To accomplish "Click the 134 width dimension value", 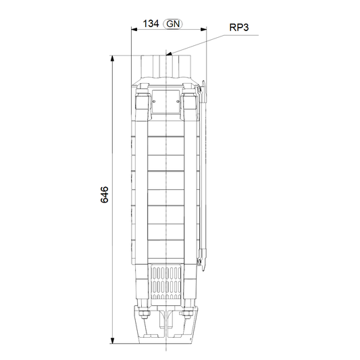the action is pos(151,24).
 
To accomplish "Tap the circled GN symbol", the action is pos(173,24).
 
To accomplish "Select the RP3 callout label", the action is pos(239,28).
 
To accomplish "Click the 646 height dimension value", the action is pos(105,195).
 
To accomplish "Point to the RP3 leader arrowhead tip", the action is pos(166,55).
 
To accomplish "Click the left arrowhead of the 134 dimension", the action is pos(134,29).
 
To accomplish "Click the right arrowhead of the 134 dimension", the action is pos(203,29).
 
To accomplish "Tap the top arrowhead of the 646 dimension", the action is pos(112,58).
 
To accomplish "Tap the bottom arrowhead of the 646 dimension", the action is pos(112,340).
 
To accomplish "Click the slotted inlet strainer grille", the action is pos(165,282).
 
